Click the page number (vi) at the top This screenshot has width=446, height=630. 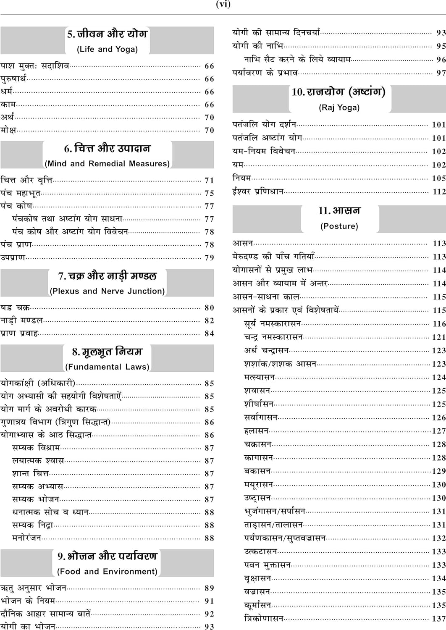223,5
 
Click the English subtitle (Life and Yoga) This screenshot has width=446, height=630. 107,49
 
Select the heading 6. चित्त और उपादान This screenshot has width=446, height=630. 107,148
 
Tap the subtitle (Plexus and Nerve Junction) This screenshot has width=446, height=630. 107,291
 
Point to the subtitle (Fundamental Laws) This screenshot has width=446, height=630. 107,367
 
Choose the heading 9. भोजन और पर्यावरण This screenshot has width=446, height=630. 107,556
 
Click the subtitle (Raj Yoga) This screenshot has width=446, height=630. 339,108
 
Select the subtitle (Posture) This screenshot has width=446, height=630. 339,226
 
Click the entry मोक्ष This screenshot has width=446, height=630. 8,130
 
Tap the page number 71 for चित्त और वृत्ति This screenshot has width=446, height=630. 209,181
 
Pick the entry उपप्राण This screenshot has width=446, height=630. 13,257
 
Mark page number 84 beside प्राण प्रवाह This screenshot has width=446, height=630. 209,333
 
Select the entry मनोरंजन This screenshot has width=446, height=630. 26,538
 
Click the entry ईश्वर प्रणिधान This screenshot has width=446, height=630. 258,192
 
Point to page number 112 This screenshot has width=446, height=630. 439,192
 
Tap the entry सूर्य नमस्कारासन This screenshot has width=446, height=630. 272,323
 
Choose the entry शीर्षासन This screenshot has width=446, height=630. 259,404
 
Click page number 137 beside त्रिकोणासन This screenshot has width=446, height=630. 439,619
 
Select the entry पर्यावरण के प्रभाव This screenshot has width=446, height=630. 265,73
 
